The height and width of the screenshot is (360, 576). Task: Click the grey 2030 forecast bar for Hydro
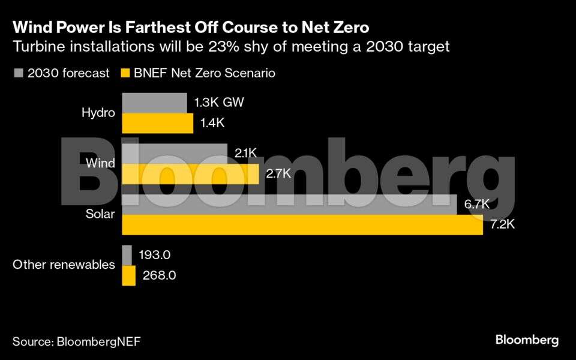154,103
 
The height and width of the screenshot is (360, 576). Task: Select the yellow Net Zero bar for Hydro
157,124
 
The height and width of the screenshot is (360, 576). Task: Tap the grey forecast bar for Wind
175,154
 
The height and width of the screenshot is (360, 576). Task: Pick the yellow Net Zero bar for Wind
190,174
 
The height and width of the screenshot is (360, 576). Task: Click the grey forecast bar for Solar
289,205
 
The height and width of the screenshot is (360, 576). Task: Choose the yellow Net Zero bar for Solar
302,225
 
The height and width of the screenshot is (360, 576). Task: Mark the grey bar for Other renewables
127,255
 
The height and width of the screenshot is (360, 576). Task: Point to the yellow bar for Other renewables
128,276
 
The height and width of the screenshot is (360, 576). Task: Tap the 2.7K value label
278,174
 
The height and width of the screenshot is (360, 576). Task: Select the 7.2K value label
502,226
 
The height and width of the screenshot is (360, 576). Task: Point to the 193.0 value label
155,255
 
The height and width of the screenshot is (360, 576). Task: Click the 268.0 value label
160,276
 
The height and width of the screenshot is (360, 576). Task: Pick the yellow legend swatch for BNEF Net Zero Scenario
125,73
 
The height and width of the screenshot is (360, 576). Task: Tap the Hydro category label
98,113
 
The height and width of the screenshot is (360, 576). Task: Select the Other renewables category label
64,265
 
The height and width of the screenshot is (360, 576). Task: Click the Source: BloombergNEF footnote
77,341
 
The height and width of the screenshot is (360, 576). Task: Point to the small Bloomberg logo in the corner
527,340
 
